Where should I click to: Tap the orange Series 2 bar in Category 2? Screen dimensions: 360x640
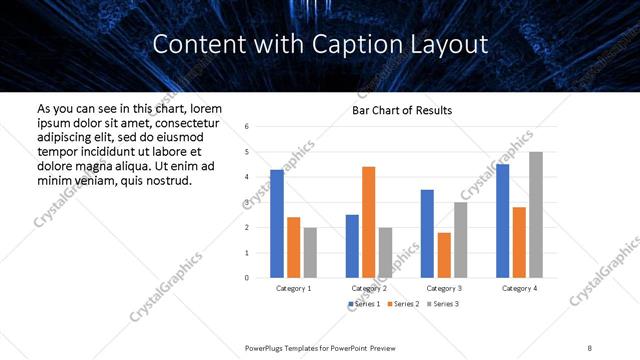click(x=368, y=222)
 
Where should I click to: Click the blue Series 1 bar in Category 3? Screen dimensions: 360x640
click(x=427, y=233)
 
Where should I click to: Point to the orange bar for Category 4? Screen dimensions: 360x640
click(x=519, y=242)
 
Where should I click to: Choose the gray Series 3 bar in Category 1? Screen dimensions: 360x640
click(x=310, y=252)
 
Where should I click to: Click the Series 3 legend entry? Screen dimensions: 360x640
click(x=443, y=303)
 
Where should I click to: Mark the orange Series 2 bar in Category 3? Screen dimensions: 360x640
click(x=443, y=255)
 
